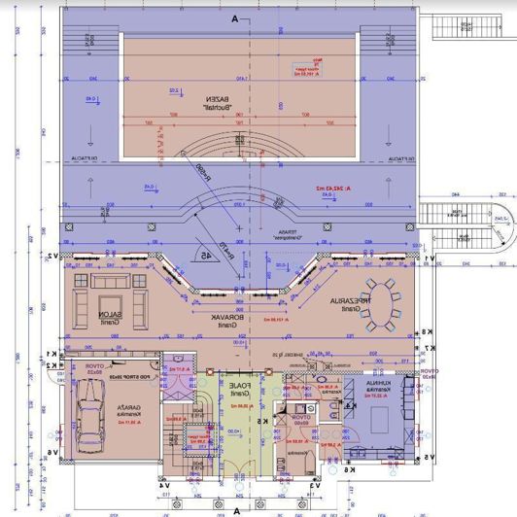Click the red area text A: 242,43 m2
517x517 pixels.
coord(331,187)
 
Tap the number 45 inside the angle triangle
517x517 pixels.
coord(207,255)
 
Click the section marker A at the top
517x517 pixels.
coord(235,18)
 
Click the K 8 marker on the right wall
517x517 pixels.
coord(425,333)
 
